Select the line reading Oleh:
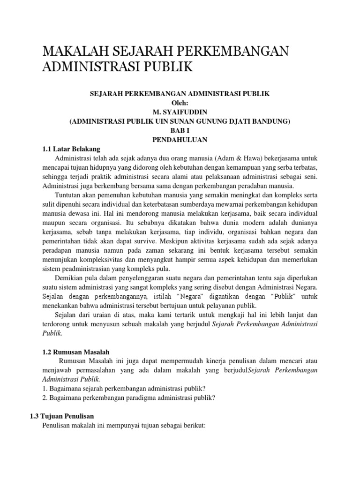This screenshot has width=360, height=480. pyautogui.click(x=180, y=103)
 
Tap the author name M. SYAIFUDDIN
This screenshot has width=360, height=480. pyautogui.click(x=180, y=112)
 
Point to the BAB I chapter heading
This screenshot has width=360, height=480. pyautogui.click(x=180, y=130)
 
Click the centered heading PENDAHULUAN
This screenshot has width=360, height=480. pyautogui.click(x=180, y=140)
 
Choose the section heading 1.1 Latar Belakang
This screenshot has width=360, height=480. pyautogui.click(x=71, y=149)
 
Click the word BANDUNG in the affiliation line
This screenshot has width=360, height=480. pyautogui.click(x=274, y=121)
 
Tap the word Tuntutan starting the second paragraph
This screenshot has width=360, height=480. pyautogui.click(x=68, y=195)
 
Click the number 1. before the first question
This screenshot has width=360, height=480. pyautogui.click(x=45, y=388)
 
